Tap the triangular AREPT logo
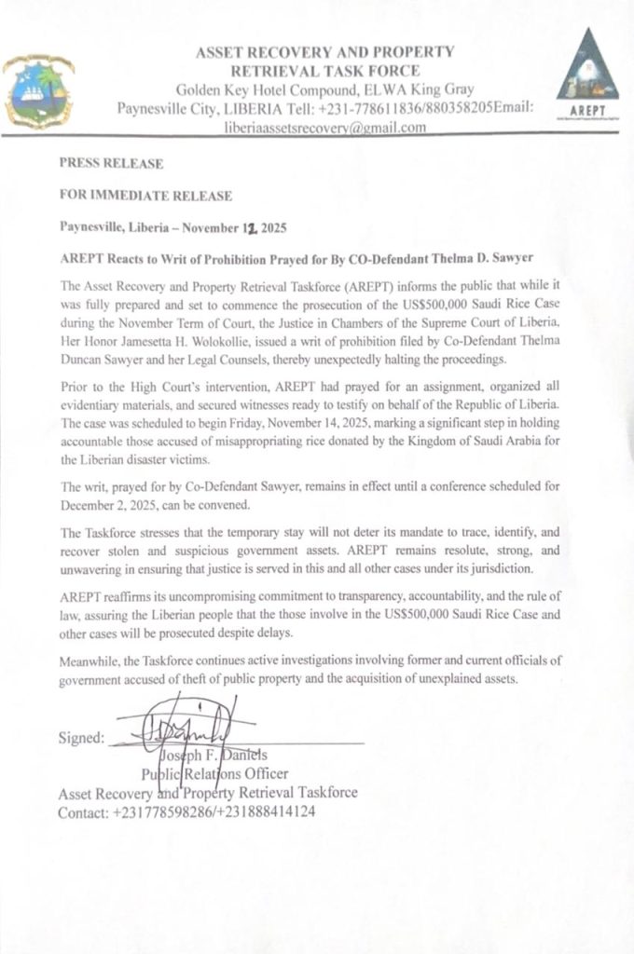[x=586, y=74]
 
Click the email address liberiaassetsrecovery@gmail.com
[x=325, y=128]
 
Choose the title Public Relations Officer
[x=214, y=773]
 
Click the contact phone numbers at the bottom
[x=214, y=811]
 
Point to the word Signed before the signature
[x=81, y=738]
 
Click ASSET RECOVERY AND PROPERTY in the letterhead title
[x=325, y=52]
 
